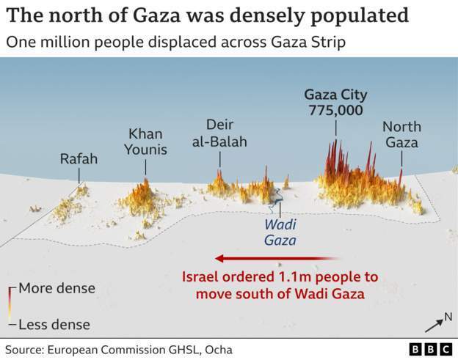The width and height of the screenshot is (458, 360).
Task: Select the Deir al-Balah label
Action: tap(219, 133)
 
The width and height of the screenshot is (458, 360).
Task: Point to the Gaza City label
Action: tap(336, 95)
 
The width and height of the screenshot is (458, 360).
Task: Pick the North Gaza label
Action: tap(401, 135)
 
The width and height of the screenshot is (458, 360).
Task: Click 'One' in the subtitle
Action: tap(19, 42)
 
